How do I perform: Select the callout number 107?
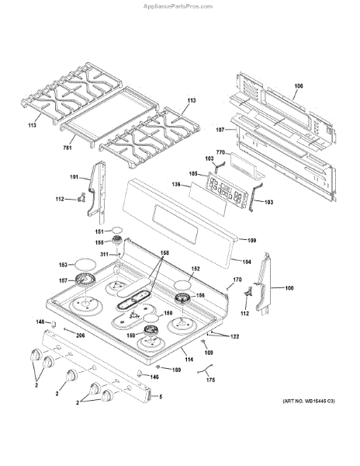point(220,129)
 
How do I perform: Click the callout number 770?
point(220,154)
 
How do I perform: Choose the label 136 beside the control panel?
point(175,185)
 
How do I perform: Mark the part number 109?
point(252,241)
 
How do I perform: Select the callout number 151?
point(99,231)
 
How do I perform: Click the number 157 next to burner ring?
point(64,280)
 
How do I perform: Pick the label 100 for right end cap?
point(289,289)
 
